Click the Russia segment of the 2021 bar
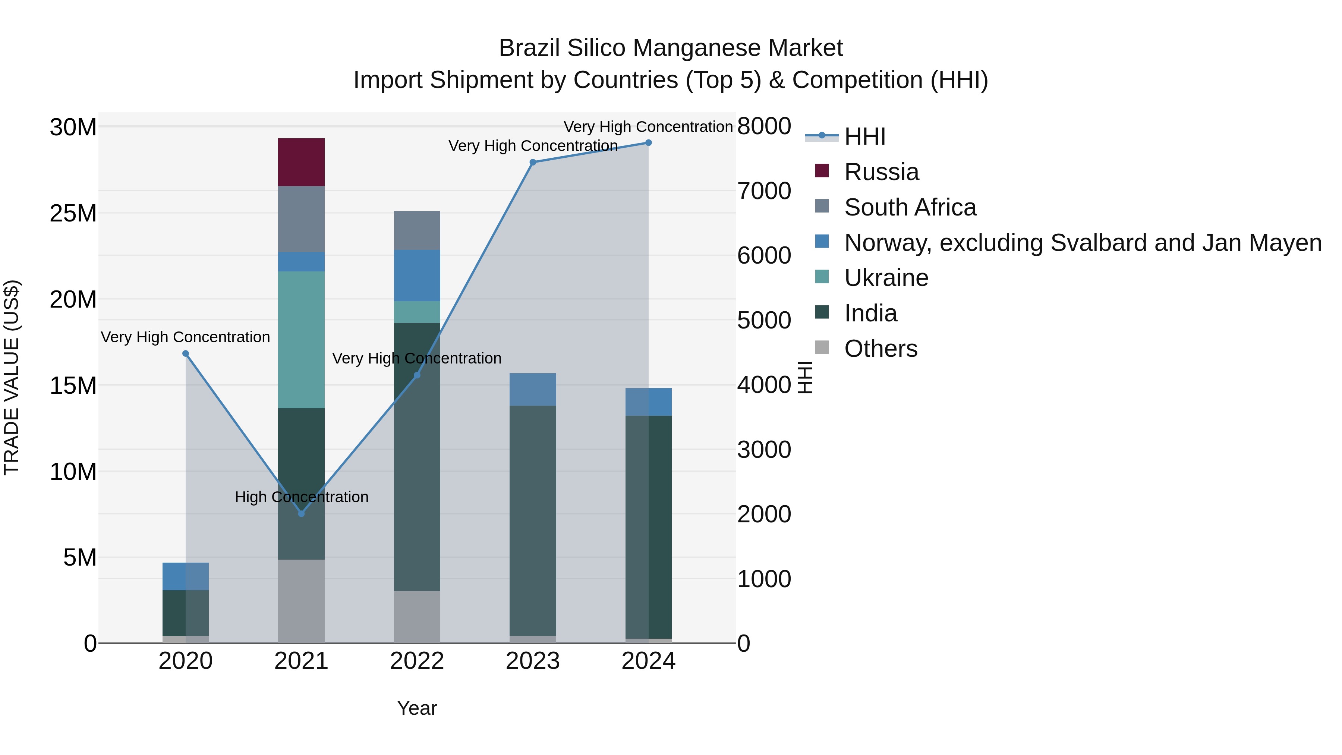(x=301, y=162)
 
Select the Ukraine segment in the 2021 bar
(x=301, y=339)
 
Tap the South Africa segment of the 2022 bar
(x=417, y=230)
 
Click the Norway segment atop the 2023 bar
(x=532, y=389)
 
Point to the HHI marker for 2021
(x=301, y=514)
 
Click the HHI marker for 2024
(x=648, y=143)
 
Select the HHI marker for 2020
(x=186, y=354)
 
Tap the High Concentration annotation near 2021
(x=302, y=497)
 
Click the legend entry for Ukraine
(x=886, y=278)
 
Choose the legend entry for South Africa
(x=910, y=207)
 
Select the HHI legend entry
(x=865, y=136)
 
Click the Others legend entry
(x=881, y=349)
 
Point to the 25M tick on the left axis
(x=73, y=214)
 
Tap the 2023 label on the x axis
(x=532, y=661)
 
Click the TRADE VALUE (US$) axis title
(x=12, y=377)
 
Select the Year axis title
(x=417, y=708)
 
